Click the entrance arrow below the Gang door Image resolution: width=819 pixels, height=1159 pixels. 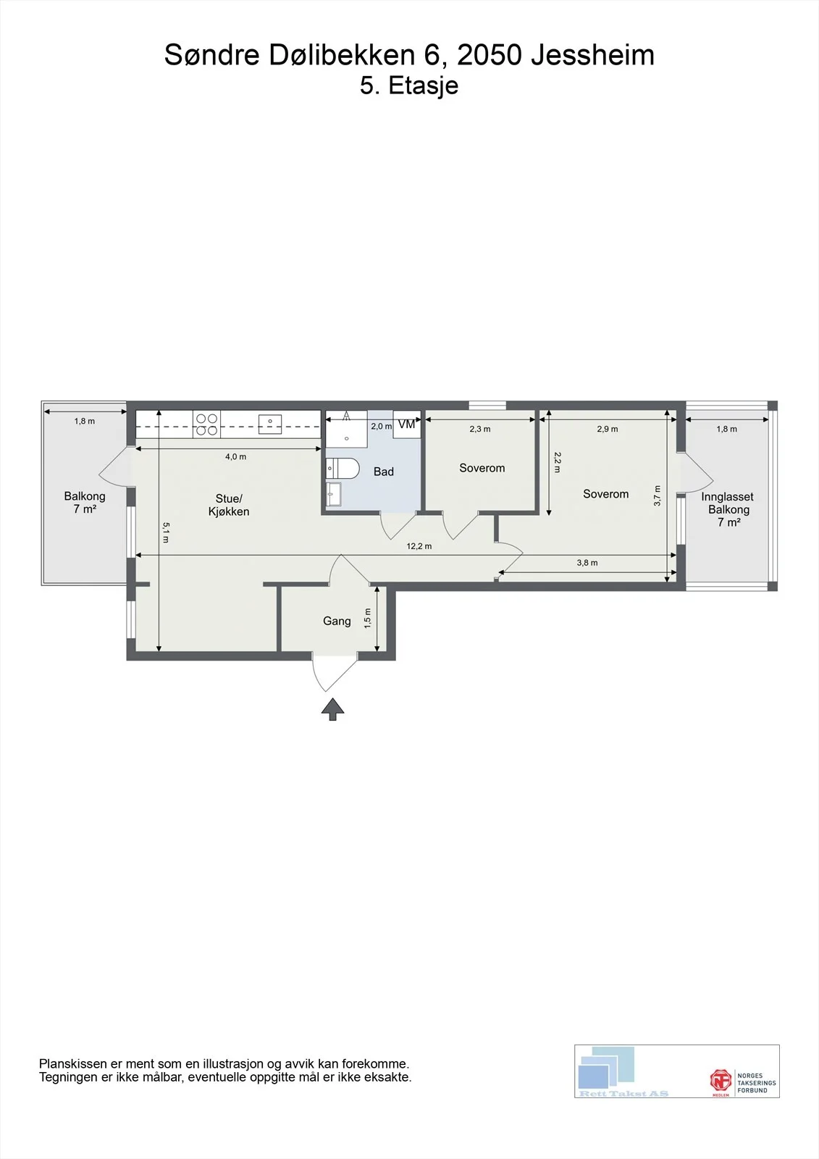coord(332,709)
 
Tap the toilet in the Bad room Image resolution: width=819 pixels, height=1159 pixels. coord(343,468)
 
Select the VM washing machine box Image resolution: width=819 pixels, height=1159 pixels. coord(407,424)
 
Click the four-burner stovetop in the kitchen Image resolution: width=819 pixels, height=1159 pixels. coord(206,424)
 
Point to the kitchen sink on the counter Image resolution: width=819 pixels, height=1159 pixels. coord(270,424)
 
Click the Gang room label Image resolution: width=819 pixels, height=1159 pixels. coord(337,621)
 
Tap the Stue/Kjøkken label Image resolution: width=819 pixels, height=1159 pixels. coord(229,505)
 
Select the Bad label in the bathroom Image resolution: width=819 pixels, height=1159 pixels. coord(383,472)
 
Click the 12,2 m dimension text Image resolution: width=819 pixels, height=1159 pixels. coord(419,546)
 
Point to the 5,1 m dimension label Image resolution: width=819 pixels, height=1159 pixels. coord(166,532)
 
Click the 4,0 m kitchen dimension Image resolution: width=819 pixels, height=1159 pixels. coord(235,456)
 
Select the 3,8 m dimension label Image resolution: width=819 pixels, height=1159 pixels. coord(587,562)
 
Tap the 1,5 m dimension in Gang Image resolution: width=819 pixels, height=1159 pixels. coord(368,619)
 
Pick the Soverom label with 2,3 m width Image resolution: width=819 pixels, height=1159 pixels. coord(482,468)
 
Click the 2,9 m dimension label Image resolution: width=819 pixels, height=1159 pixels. coord(608,429)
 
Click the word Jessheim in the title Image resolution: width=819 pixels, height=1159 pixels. coord(593,55)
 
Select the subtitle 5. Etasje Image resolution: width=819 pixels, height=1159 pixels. coord(409,85)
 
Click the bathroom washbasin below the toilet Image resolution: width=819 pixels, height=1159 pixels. coord(334,493)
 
